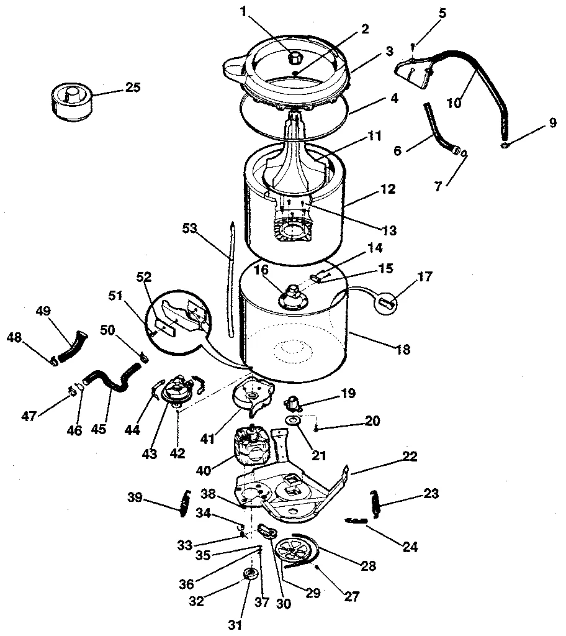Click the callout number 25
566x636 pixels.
point(132,88)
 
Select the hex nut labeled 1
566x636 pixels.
point(296,58)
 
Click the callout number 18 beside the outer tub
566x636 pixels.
point(402,350)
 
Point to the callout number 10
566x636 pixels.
point(454,102)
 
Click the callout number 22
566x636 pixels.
point(409,457)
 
